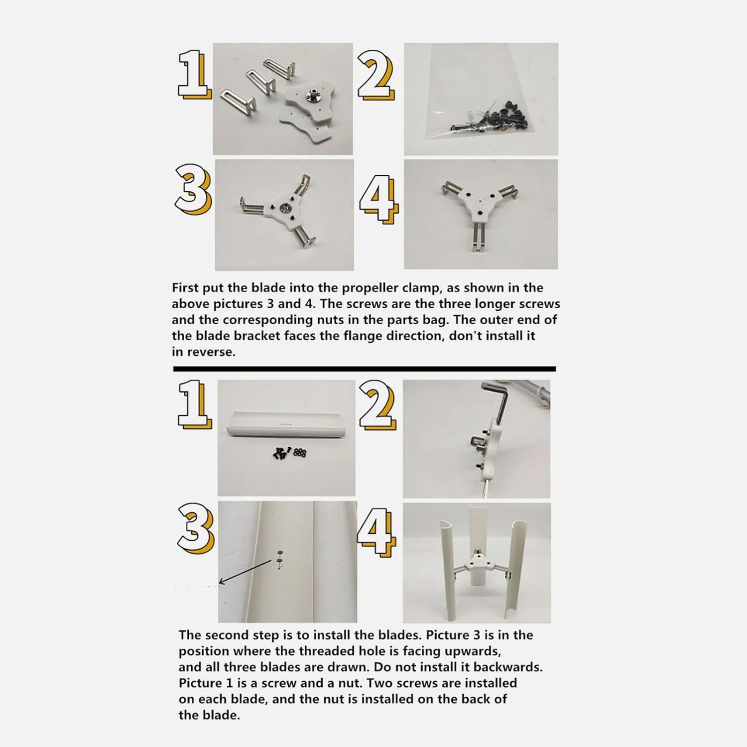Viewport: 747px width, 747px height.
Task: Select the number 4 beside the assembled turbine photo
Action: coord(377,532)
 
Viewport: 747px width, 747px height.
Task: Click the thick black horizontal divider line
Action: coord(364,369)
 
